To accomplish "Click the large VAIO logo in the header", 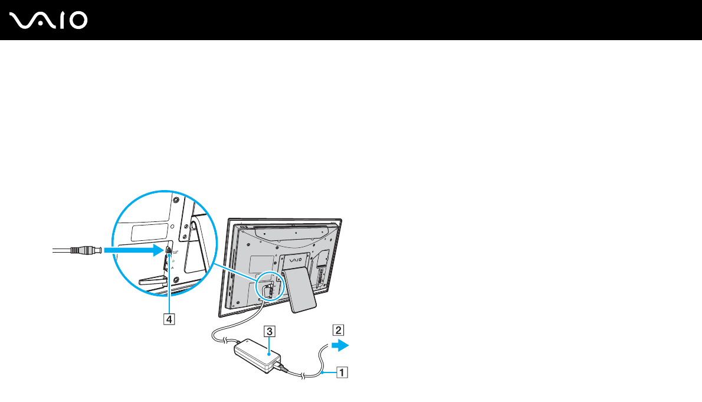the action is (48, 21).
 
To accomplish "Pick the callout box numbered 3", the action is (269, 331).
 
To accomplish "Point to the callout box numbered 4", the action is (169, 319).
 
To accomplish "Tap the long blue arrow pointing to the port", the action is (133, 251).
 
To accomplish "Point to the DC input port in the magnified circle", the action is (169, 250).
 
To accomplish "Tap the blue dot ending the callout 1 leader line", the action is (322, 372).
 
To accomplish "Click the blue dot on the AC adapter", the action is (269, 352).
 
